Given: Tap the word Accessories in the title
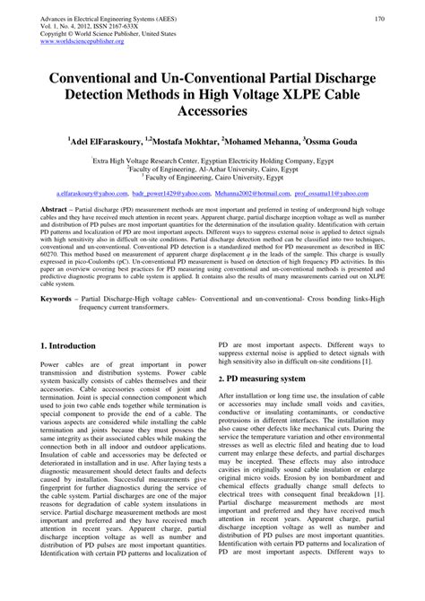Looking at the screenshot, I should click(212, 114).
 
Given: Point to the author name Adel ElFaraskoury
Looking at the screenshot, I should click(108, 142).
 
